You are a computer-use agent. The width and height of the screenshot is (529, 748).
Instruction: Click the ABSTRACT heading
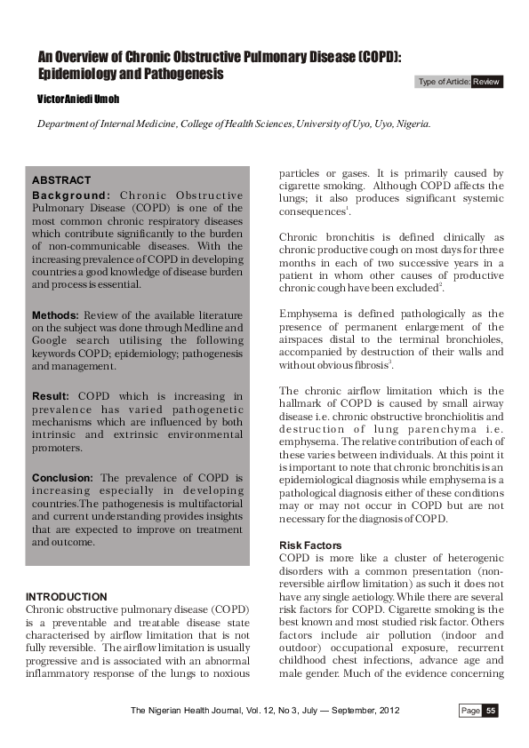click(61, 180)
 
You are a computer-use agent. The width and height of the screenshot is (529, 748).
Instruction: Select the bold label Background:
click(71, 195)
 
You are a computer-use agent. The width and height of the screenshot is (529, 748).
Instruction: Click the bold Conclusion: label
click(63, 477)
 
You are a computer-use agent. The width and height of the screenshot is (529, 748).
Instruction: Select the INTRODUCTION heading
click(67, 596)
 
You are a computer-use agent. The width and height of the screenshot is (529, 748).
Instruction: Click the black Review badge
click(487, 82)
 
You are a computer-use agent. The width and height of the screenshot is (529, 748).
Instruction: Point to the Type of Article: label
click(443, 82)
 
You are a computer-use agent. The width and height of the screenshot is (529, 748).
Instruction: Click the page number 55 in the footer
click(491, 711)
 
